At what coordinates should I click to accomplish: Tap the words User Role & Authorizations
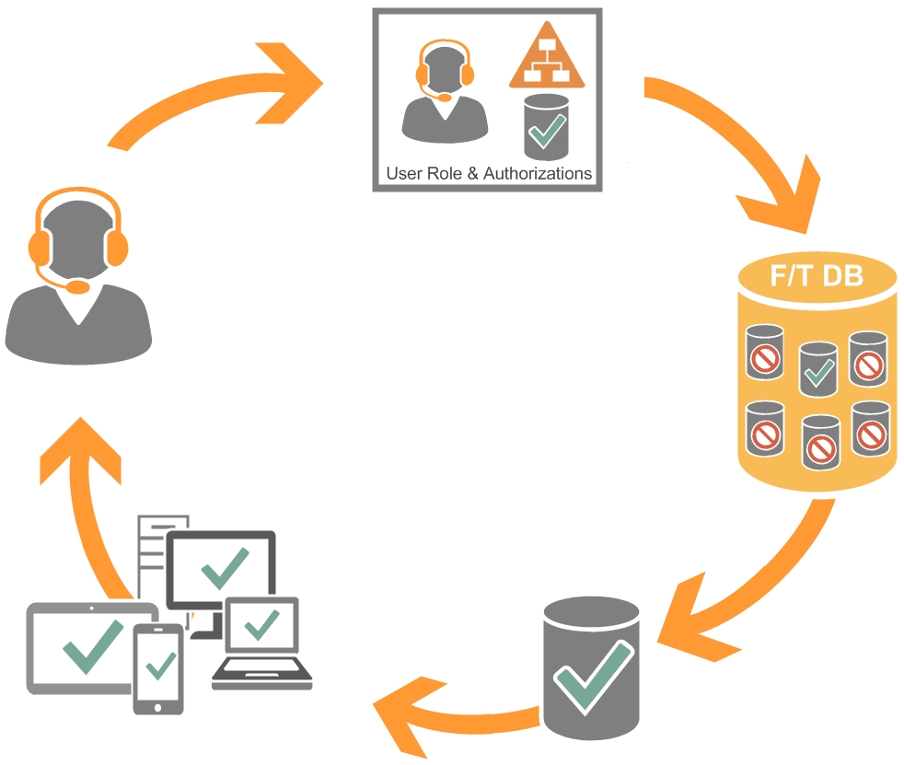pos(488,172)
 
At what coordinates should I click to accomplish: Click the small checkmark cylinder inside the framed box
pos(546,128)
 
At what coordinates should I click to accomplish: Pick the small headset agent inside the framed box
pos(445,92)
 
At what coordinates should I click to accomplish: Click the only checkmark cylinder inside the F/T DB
pos(818,370)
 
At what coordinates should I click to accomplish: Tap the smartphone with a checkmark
pos(158,667)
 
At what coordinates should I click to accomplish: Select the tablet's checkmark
pos(92,644)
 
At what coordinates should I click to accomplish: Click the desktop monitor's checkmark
pos(224,569)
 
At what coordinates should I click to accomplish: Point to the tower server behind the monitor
pos(152,552)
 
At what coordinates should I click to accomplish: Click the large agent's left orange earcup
pos(40,246)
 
